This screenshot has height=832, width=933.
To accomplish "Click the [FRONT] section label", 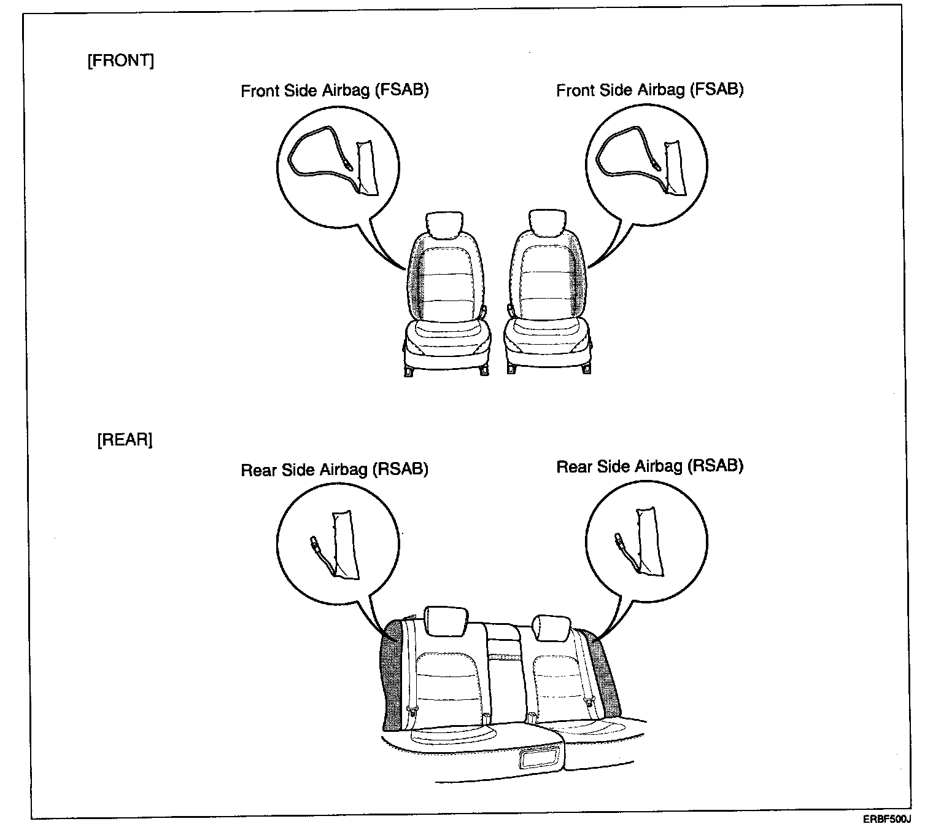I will point(121,61).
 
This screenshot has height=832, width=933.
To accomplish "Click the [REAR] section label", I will point(125,440).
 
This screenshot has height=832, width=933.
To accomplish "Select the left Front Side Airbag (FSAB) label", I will point(335,90).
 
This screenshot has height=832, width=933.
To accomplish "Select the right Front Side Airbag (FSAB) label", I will point(649,90).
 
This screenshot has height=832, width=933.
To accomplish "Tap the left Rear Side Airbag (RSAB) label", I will point(335,469).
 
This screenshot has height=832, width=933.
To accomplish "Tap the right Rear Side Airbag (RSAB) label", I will point(649,466).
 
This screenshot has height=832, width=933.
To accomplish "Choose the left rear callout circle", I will point(338,544).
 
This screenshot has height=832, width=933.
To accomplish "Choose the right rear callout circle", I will point(646,544).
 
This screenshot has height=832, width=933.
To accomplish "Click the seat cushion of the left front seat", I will point(447,338).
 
